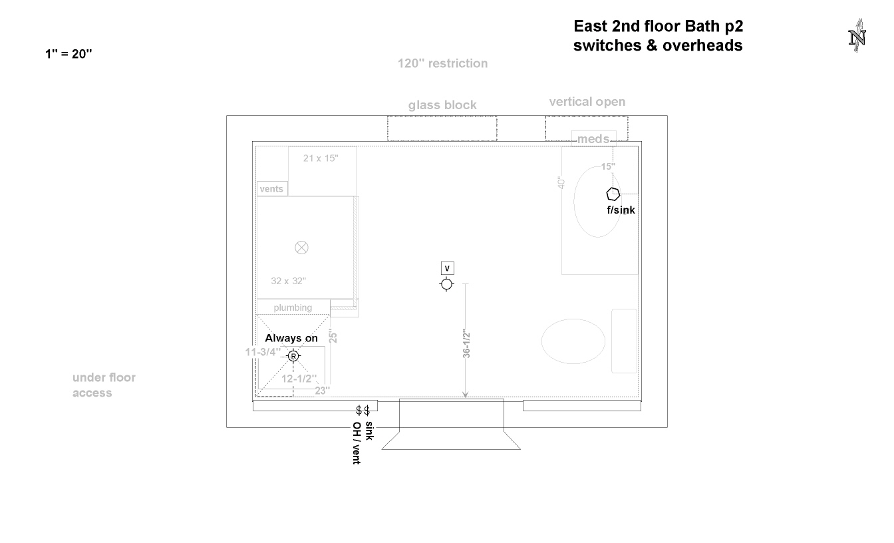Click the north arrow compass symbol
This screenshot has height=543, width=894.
[857, 36]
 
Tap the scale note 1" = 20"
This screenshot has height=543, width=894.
[69, 53]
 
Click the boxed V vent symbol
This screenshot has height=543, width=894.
[447, 268]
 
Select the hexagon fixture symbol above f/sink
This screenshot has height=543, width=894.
[613, 194]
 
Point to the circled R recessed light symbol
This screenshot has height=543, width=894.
[293, 356]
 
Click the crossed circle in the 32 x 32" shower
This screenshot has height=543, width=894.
[301, 248]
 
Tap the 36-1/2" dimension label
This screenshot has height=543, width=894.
[466, 343]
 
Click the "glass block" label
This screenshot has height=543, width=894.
[442, 105]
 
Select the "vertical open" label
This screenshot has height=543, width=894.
[587, 102]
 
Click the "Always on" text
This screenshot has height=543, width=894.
[291, 338]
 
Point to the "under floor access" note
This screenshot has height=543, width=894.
[104, 385]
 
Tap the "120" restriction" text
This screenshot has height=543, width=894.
[442, 63]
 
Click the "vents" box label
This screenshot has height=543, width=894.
[271, 189]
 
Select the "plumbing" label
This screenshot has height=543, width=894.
[293, 307]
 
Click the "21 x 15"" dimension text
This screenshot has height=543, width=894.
[321, 158]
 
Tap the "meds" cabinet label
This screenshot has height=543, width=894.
[593, 139]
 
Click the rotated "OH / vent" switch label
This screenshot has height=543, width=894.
[357, 443]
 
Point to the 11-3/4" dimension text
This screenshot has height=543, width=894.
[263, 352]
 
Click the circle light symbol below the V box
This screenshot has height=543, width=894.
[446, 284]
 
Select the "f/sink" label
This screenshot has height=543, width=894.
[621, 210]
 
